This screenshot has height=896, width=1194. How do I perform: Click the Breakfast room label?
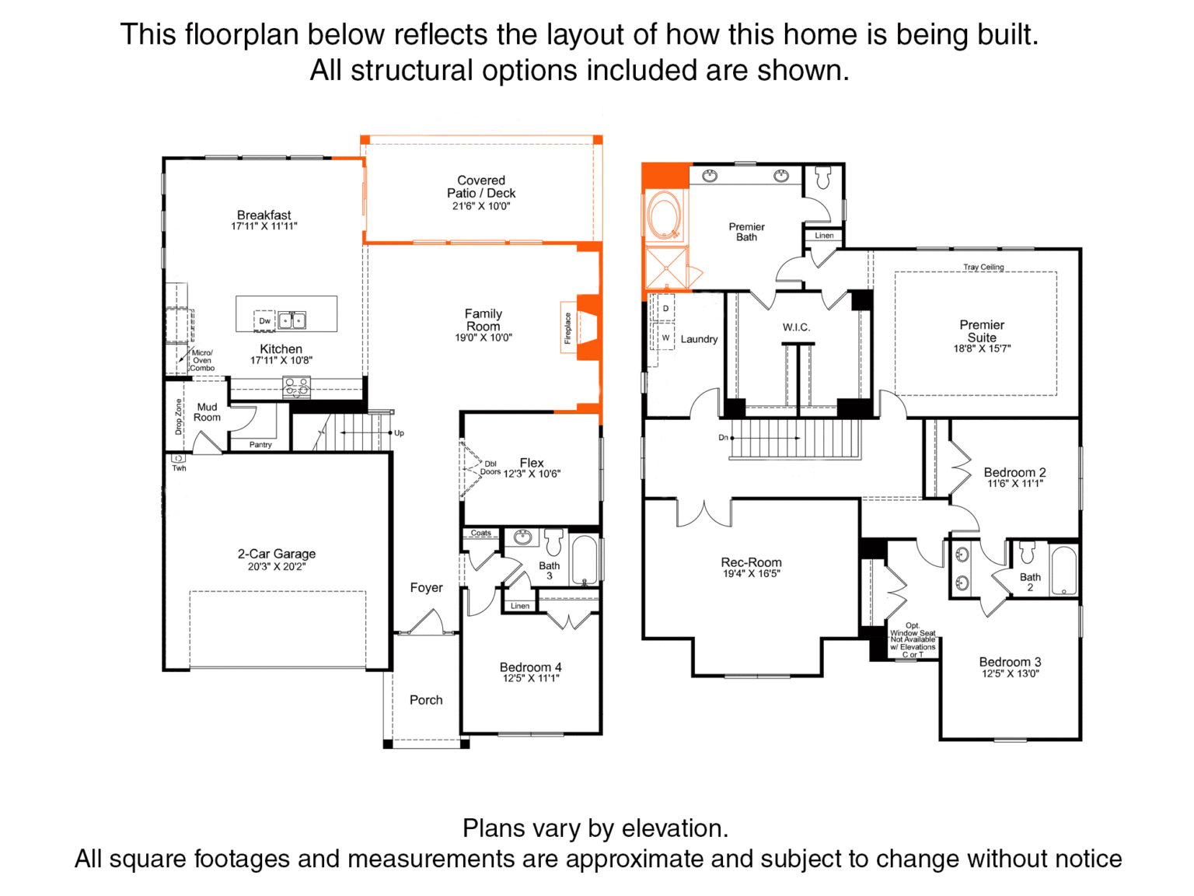264,215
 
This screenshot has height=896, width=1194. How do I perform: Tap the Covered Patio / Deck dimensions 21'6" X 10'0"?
481,206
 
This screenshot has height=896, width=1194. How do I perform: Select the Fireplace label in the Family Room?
567,328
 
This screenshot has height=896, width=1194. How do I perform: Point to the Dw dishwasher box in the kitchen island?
264,320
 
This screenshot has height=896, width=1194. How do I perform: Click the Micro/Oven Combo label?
202,360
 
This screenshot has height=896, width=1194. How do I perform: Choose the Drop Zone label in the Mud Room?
179,417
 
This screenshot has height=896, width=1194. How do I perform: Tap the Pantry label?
260,444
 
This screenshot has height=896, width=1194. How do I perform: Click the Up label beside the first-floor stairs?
400,433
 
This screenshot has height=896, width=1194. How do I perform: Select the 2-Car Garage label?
276,554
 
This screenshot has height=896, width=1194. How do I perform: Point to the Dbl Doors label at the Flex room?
490,468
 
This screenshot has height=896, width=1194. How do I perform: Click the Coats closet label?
481,533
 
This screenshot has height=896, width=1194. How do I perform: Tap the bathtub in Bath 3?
585,560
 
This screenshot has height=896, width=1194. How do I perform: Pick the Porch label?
426,700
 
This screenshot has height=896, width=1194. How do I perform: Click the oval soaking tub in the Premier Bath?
664,215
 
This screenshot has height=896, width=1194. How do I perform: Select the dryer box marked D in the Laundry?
665,309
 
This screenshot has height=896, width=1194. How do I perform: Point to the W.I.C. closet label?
796,327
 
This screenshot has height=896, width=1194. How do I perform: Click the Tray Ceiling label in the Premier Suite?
983,267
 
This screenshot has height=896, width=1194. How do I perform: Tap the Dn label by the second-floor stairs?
723,437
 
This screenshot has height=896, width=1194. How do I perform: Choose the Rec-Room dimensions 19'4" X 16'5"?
751,573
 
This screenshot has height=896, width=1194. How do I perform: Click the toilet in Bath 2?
1027,552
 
